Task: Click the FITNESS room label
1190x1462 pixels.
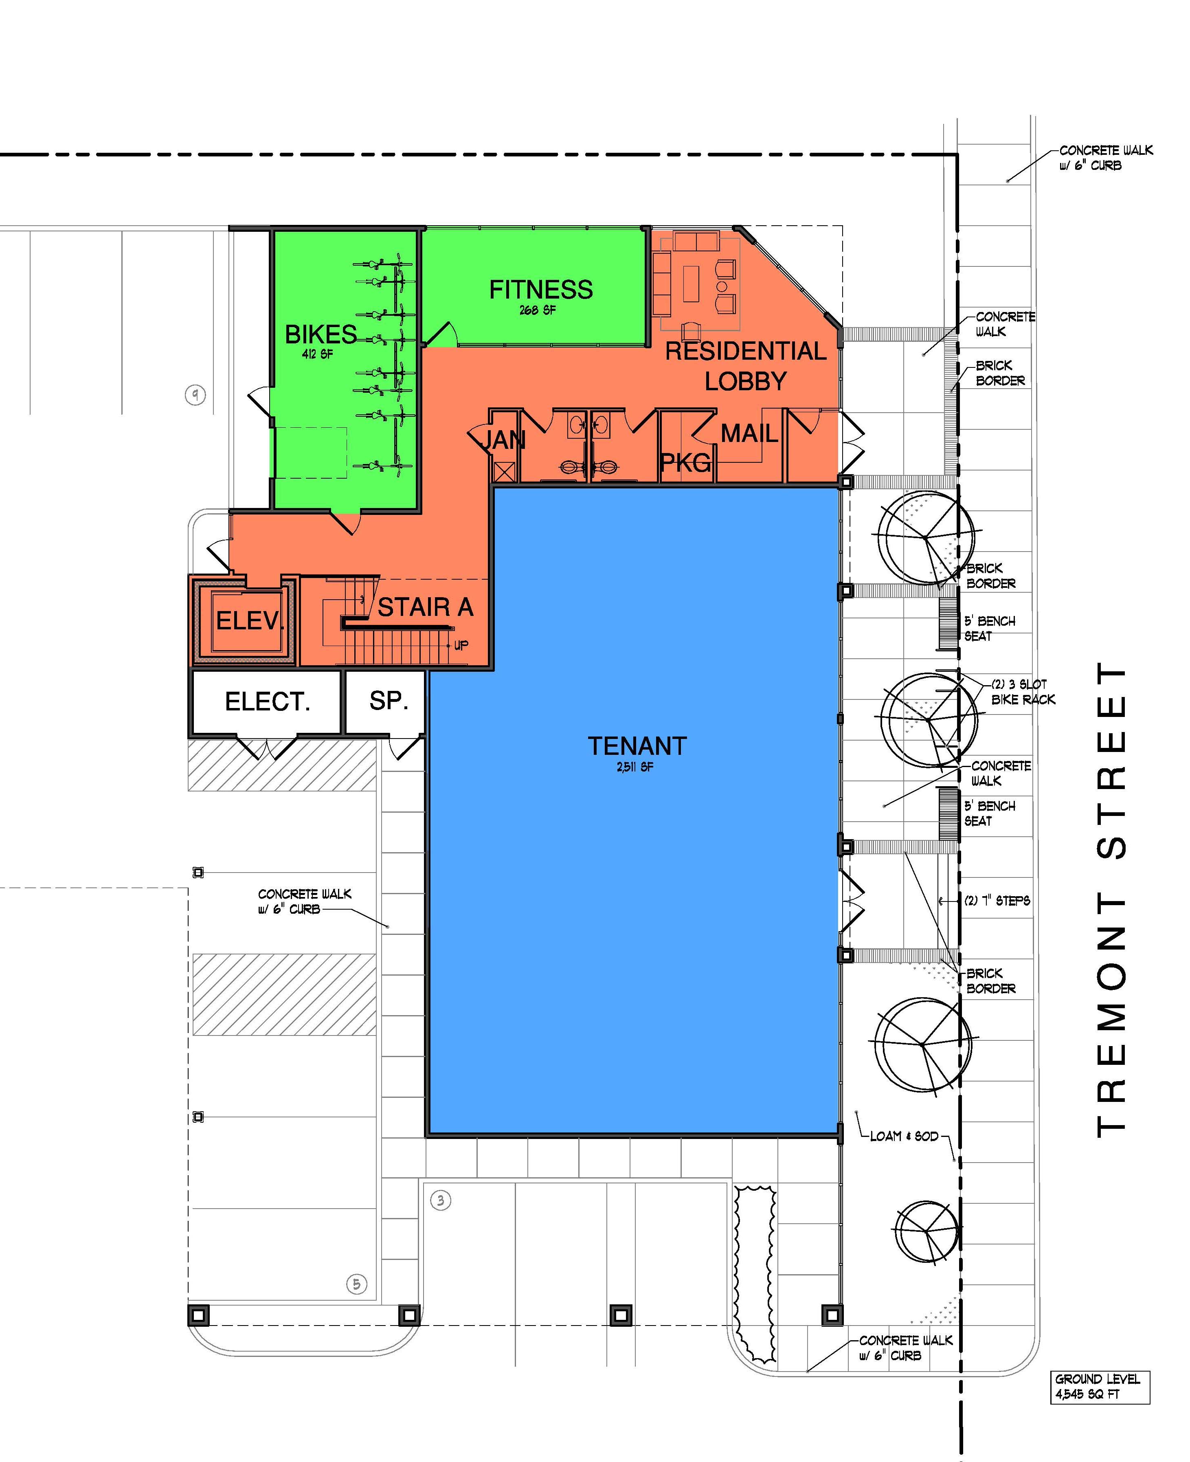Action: [x=541, y=289]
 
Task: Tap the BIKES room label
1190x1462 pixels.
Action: [x=321, y=334]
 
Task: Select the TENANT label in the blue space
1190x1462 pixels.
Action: [x=637, y=746]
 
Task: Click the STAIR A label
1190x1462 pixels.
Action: [x=426, y=607]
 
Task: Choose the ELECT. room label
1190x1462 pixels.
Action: [x=267, y=701]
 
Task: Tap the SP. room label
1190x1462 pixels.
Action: [x=389, y=700]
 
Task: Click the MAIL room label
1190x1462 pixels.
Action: [x=749, y=433]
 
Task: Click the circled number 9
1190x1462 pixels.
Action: [x=196, y=395]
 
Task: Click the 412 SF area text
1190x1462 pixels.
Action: [x=317, y=354]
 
